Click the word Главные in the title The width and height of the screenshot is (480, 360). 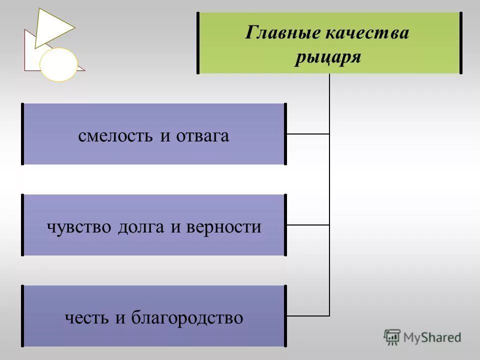[275, 33]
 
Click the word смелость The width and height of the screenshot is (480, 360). [117, 136]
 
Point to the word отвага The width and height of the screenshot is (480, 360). [202, 136]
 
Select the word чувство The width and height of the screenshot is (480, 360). [80, 227]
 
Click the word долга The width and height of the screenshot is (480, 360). [142, 227]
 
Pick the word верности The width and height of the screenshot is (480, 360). [223, 227]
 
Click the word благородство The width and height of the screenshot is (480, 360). [187, 318]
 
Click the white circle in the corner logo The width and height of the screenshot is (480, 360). [59, 64]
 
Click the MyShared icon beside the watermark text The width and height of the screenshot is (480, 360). [392, 337]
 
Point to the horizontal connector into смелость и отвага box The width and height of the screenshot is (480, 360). [307, 134]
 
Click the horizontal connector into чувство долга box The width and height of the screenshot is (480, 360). [307, 225]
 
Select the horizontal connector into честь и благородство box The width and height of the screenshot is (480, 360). [307, 316]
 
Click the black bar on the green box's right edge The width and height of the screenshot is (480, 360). [460, 43]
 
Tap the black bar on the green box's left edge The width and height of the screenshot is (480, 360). [198, 43]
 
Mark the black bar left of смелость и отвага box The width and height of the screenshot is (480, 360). [22, 134]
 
